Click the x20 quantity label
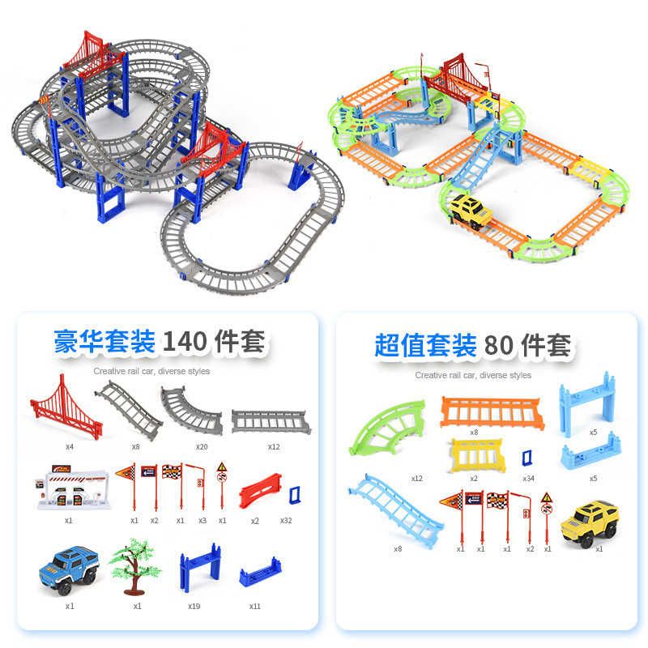tap(202, 446)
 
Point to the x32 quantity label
tap(286, 520)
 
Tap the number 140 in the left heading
tap(185, 342)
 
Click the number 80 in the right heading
tap(501, 346)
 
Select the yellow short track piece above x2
tap(475, 456)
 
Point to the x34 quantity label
tap(528, 478)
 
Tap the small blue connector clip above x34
tap(528, 458)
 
